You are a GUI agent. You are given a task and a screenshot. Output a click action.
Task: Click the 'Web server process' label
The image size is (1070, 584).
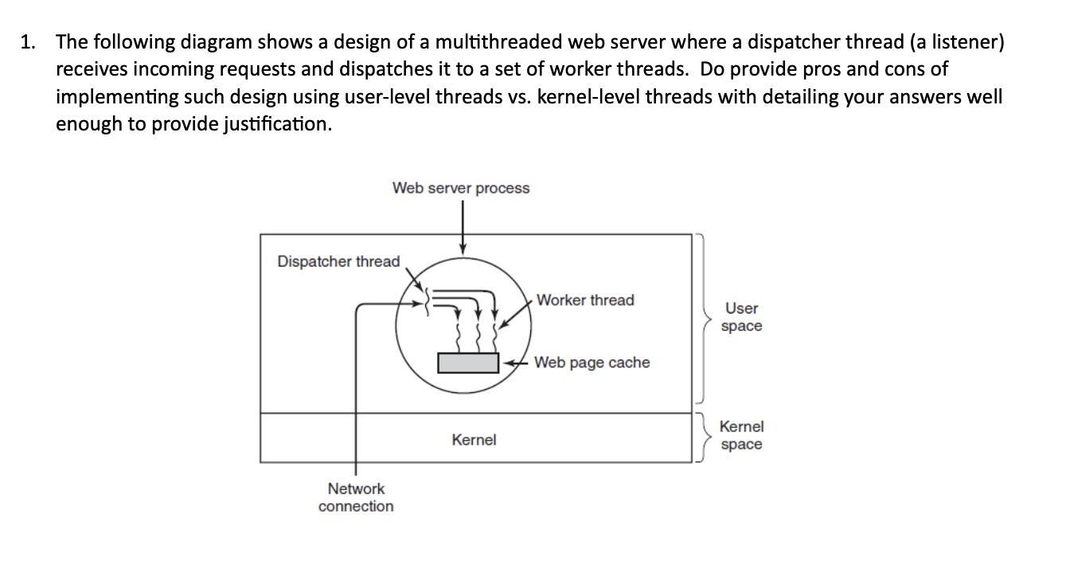[460, 188]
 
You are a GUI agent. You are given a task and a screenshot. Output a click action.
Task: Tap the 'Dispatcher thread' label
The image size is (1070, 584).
[338, 262]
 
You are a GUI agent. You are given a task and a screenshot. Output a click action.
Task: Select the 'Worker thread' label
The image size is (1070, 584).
[585, 300]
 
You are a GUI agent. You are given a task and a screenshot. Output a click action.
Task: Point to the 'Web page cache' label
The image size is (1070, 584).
[592, 363]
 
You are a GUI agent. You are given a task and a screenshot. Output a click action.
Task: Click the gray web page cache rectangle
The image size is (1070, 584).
[468, 363]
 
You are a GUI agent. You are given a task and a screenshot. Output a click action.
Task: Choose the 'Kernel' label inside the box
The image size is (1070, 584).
[474, 440]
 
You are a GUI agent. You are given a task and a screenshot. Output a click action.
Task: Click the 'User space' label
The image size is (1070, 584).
[741, 317]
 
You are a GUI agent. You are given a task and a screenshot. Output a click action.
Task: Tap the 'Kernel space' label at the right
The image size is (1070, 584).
[741, 436]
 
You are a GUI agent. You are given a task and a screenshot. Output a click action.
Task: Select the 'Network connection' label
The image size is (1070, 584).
[356, 497]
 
